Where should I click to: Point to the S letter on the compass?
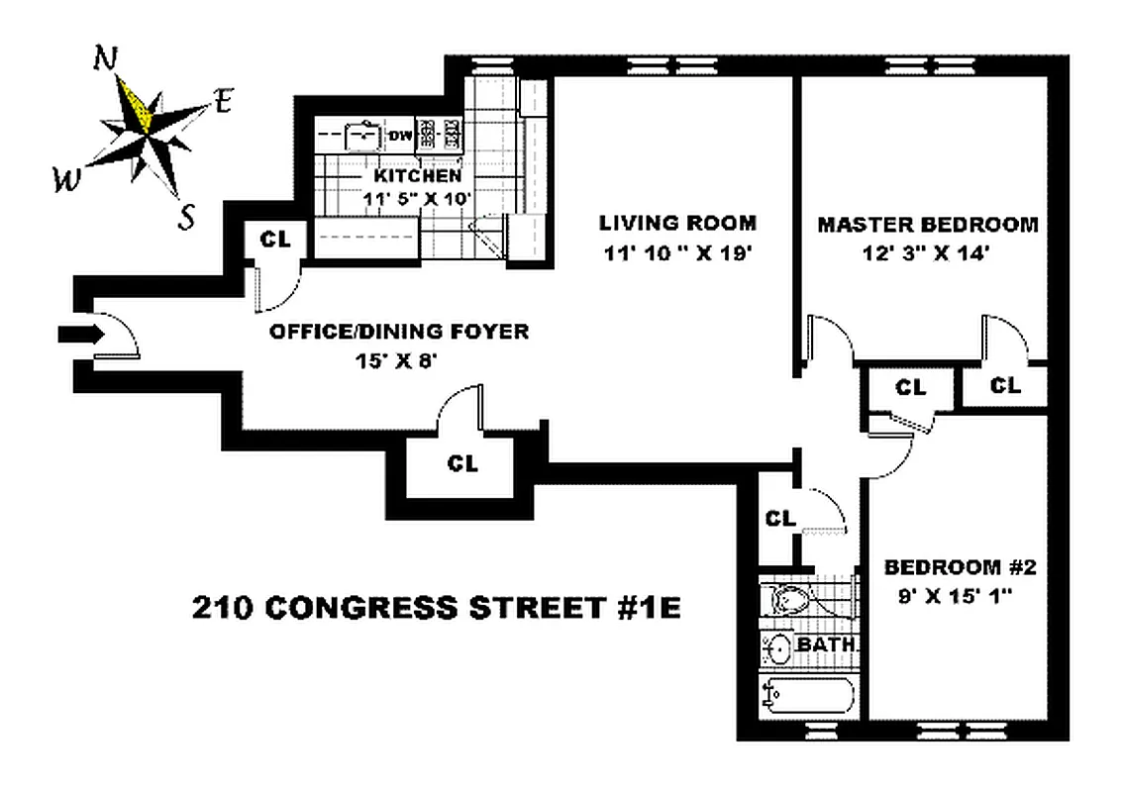[186, 217]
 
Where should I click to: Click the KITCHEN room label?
[417, 176]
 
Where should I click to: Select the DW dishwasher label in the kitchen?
[400, 136]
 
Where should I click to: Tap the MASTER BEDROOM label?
[927, 225]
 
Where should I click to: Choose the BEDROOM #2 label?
[959, 568]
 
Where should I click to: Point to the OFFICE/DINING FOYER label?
[399, 333]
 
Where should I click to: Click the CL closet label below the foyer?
[462, 463]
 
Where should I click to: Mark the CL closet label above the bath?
[781, 517]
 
